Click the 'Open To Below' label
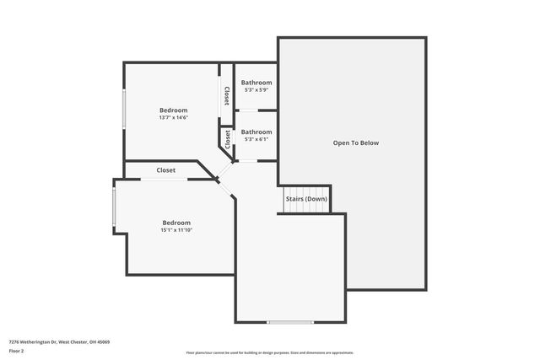tap(355, 143)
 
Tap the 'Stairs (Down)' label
tap(305, 199)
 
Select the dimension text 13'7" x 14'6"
tap(173, 117)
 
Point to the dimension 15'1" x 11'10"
tap(176, 230)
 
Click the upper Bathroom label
tap(256, 83)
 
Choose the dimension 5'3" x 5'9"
tap(256, 89)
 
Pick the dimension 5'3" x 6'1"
tap(256, 139)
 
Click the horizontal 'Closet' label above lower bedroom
tap(165, 170)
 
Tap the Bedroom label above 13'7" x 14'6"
tap(173, 110)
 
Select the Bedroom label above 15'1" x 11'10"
tap(176, 223)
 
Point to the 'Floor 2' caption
tap(17, 351)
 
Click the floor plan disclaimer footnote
tap(270, 352)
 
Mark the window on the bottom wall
tap(290, 322)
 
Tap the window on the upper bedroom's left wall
tap(125, 110)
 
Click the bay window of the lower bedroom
tap(115, 207)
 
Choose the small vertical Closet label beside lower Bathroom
tap(227, 139)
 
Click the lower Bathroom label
tap(256, 132)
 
